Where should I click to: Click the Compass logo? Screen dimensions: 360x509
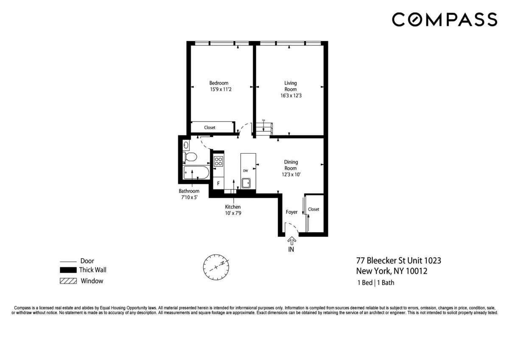click(x=444, y=20)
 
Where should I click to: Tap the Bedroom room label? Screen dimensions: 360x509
click(x=219, y=83)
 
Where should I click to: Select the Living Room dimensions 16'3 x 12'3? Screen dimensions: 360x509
click(x=291, y=96)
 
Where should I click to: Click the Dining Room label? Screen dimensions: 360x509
click(x=291, y=165)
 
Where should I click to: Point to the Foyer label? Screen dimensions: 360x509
click(x=291, y=212)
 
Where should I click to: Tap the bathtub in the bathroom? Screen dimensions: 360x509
click(x=196, y=173)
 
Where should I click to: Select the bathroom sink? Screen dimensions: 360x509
click(x=186, y=145)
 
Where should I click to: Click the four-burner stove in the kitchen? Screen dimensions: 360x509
click(x=218, y=161)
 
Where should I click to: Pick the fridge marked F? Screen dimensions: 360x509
click(x=218, y=183)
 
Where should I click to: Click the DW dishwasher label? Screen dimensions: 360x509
click(x=245, y=171)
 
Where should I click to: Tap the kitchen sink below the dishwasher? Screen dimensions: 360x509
click(x=246, y=183)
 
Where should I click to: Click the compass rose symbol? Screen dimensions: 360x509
click(x=216, y=266)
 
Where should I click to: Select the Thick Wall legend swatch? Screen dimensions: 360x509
click(x=68, y=270)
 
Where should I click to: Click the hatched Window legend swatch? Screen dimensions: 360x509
click(x=68, y=281)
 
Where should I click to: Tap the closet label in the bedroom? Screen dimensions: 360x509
click(x=210, y=127)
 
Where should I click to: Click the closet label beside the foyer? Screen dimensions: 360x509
click(x=313, y=209)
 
